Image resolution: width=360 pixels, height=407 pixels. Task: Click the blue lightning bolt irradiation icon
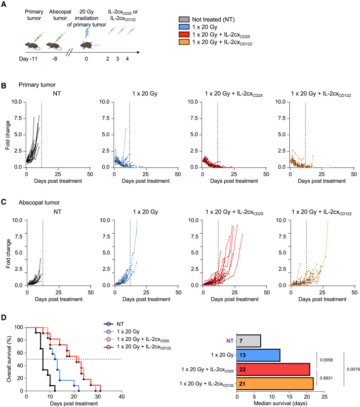87,33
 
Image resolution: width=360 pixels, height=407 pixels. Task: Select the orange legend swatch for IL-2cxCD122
184,42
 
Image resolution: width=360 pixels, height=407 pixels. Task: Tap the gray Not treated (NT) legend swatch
184,19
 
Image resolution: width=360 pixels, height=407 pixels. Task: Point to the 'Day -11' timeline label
28,59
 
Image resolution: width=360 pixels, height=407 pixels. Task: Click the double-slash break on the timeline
69,52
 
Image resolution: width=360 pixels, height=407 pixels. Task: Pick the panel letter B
3,85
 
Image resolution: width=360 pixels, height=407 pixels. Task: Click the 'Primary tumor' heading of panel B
37,85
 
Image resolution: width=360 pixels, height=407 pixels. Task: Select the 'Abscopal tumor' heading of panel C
39,203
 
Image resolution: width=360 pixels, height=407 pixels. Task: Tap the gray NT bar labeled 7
248,341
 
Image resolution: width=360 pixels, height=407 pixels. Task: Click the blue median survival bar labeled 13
258,355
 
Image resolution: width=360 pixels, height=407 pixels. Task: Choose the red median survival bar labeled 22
273,369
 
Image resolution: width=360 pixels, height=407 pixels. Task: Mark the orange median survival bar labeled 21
275,384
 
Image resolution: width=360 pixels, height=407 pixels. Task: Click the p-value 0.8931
326,378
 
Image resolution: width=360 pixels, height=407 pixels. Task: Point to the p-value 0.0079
353,369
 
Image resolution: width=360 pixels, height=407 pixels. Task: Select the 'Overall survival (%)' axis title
9,359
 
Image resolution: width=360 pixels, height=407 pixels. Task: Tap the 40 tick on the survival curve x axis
121,397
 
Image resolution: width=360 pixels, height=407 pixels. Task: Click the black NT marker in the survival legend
109,324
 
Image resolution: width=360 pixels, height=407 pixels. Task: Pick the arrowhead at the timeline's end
138,52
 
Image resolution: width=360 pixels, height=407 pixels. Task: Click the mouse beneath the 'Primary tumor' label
33,46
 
